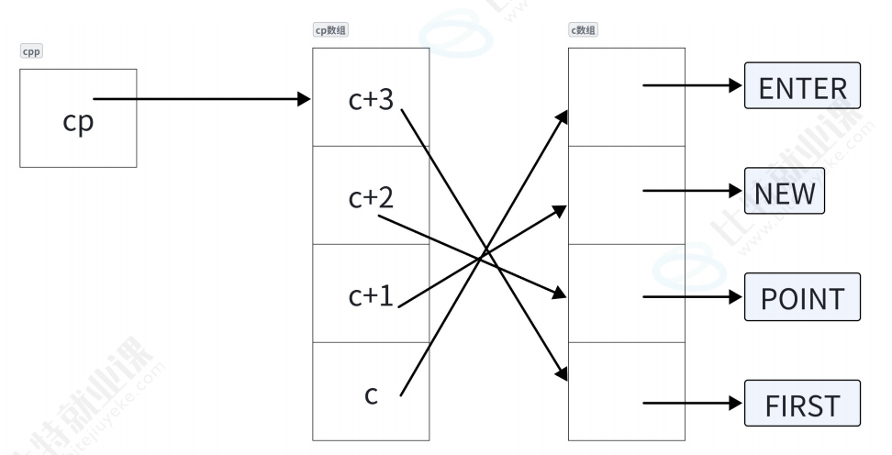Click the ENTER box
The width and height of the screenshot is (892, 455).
(x=802, y=87)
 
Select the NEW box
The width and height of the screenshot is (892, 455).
(x=784, y=193)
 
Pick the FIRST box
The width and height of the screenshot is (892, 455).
(x=802, y=404)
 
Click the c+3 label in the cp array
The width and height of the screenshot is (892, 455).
(x=371, y=99)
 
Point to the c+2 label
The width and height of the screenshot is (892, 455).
(x=371, y=198)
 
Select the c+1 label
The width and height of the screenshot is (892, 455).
(x=371, y=296)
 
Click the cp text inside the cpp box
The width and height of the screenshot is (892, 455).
(x=78, y=120)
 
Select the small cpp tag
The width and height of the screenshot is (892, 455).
(x=31, y=51)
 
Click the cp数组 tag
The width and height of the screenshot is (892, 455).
(x=330, y=30)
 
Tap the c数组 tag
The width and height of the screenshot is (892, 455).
(x=583, y=30)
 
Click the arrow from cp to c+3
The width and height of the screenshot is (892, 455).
(x=202, y=98)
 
